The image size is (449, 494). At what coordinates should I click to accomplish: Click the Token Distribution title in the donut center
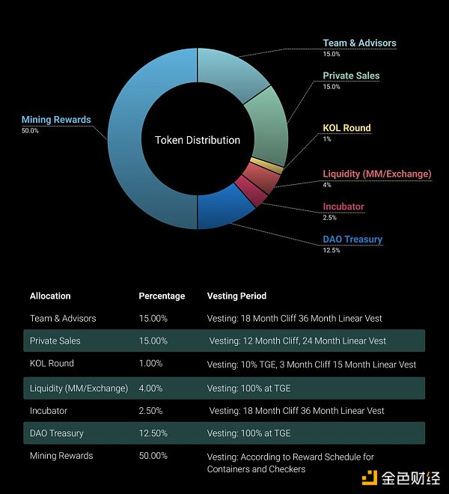198,140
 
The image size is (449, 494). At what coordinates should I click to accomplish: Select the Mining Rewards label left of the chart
56,120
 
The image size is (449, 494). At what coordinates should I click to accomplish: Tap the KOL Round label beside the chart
346,128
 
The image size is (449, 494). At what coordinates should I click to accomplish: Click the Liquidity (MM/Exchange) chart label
376,174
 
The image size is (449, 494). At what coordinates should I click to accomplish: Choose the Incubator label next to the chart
343,207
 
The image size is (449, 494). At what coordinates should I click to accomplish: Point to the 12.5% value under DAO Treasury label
332,250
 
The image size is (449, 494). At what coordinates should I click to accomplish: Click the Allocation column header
50,296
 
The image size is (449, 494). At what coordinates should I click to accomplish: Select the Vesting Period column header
236,296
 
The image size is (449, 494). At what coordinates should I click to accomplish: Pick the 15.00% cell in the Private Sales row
153,341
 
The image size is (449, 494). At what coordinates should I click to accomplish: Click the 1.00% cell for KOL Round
150,364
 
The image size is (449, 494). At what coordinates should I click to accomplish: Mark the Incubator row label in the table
49,410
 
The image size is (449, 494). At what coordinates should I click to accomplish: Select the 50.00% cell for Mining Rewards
153,456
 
